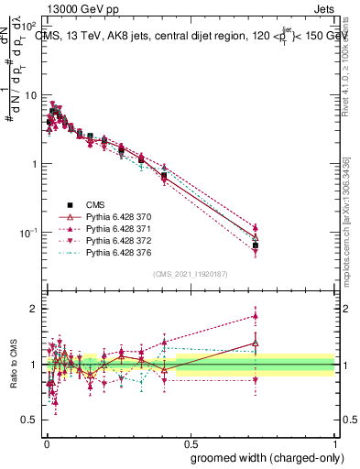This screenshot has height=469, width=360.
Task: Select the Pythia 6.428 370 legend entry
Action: click(118, 216)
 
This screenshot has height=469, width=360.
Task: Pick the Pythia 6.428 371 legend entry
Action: click(118, 228)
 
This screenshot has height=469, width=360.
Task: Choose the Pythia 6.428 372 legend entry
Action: click(118, 240)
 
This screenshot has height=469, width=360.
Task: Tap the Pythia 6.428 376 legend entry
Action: click(118, 252)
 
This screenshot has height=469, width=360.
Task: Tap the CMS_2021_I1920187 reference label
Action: click(191, 274)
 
